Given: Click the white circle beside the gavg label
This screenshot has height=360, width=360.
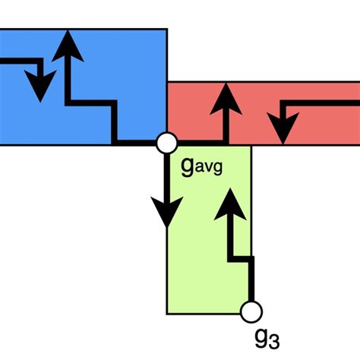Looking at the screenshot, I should point(166,143).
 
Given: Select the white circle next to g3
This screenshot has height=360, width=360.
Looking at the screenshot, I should point(251,311).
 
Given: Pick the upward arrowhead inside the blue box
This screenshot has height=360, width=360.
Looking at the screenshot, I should point(69,46).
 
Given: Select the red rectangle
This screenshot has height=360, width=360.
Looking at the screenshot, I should point(319,95).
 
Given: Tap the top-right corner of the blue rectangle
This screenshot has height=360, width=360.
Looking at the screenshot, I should point(166,29).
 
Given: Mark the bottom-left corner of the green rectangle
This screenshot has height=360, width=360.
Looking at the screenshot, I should point(167,313).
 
